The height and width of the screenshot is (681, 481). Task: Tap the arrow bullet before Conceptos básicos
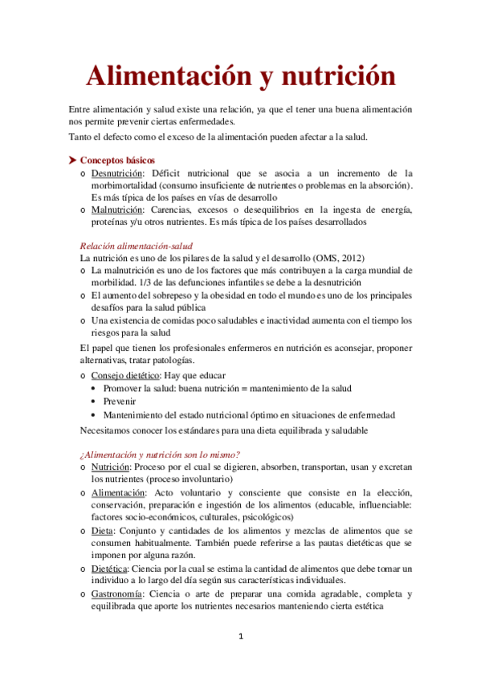pos(72,161)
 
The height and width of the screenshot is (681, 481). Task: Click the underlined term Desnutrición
pos(117,173)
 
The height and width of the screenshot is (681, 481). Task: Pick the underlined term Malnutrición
pos(117,210)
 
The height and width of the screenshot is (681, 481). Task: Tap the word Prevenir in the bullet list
pos(118,401)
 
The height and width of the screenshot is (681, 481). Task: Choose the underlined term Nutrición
pos(111,466)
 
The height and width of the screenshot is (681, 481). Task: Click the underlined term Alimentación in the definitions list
pos(118,492)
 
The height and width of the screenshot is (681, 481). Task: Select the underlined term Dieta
pos(102,531)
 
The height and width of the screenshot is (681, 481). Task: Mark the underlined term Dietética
pos(108,569)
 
